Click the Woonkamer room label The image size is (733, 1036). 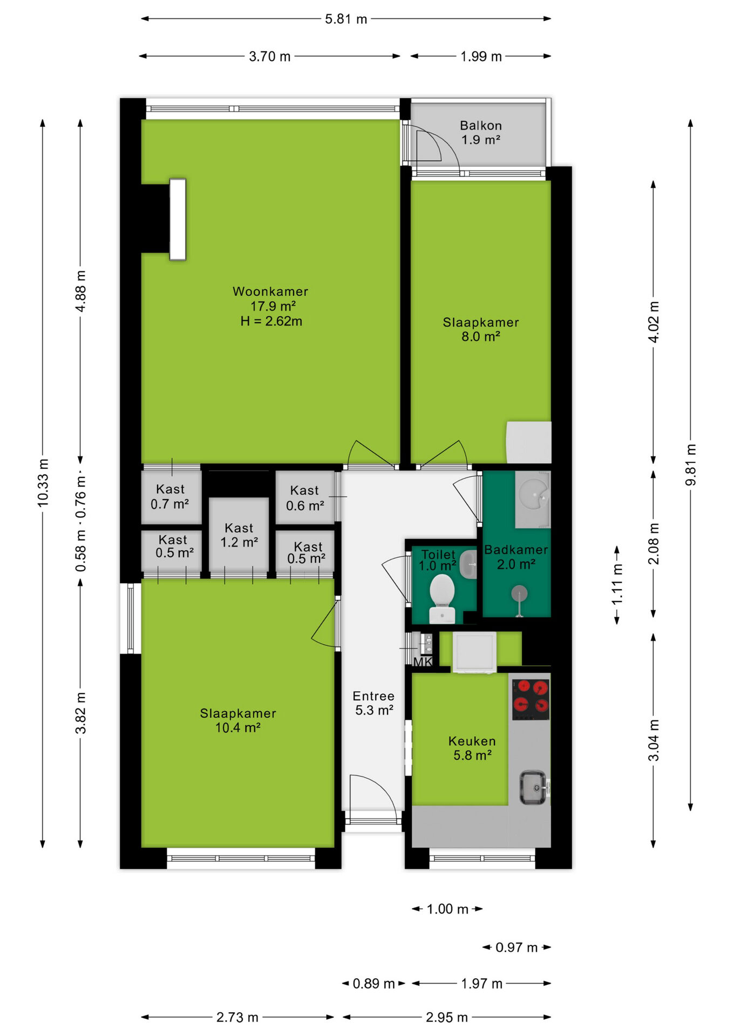tap(270, 291)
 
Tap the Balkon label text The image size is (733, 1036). tap(481, 126)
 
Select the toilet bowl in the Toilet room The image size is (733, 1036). tap(443, 598)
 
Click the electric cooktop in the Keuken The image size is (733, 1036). tap(531, 699)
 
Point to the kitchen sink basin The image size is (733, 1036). tap(533, 787)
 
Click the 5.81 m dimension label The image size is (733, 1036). tap(346, 19)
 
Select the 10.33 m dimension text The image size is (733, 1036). tap(43, 483)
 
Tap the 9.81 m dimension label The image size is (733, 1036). tap(691, 465)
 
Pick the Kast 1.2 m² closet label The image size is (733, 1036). tap(239, 535)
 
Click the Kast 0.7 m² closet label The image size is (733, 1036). tap(170, 497)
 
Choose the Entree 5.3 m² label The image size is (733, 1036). tap(374, 703)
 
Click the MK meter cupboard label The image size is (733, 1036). tap(423, 662)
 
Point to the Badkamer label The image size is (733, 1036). tap(516, 550)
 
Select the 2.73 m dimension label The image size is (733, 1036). tap(237, 1018)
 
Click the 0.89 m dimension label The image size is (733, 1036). tap(374, 984)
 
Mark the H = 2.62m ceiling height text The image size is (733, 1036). tap(272, 322)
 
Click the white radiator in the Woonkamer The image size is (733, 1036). tap(178, 220)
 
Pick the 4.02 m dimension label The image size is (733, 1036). tap(654, 322)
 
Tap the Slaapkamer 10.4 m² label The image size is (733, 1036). tap(238, 720)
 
